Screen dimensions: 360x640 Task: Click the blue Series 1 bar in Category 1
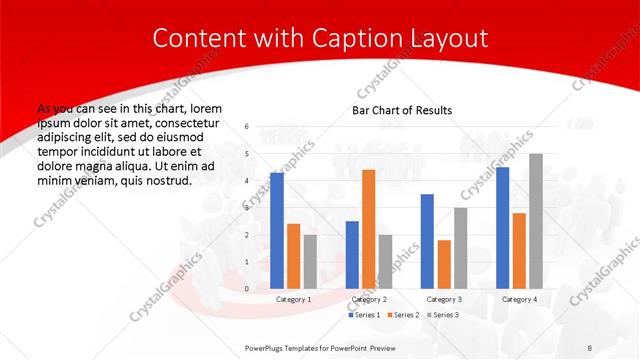point(276,231)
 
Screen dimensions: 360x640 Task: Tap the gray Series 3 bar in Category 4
point(536,221)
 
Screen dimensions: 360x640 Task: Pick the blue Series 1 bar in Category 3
point(427,241)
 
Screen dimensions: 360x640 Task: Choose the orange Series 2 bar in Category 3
point(444,264)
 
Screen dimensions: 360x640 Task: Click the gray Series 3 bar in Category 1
point(310,261)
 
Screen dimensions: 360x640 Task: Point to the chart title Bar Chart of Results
point(402,110)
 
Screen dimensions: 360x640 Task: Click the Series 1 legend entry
point(364,315)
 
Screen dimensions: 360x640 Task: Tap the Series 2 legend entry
point(402,315)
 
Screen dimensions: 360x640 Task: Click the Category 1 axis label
point(293,299)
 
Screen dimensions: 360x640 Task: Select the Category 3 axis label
point(444,299)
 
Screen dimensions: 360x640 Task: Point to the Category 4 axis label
point(519,299)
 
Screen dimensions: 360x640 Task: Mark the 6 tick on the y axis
point(246,127)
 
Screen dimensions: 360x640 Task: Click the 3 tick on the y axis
point(246,208)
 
